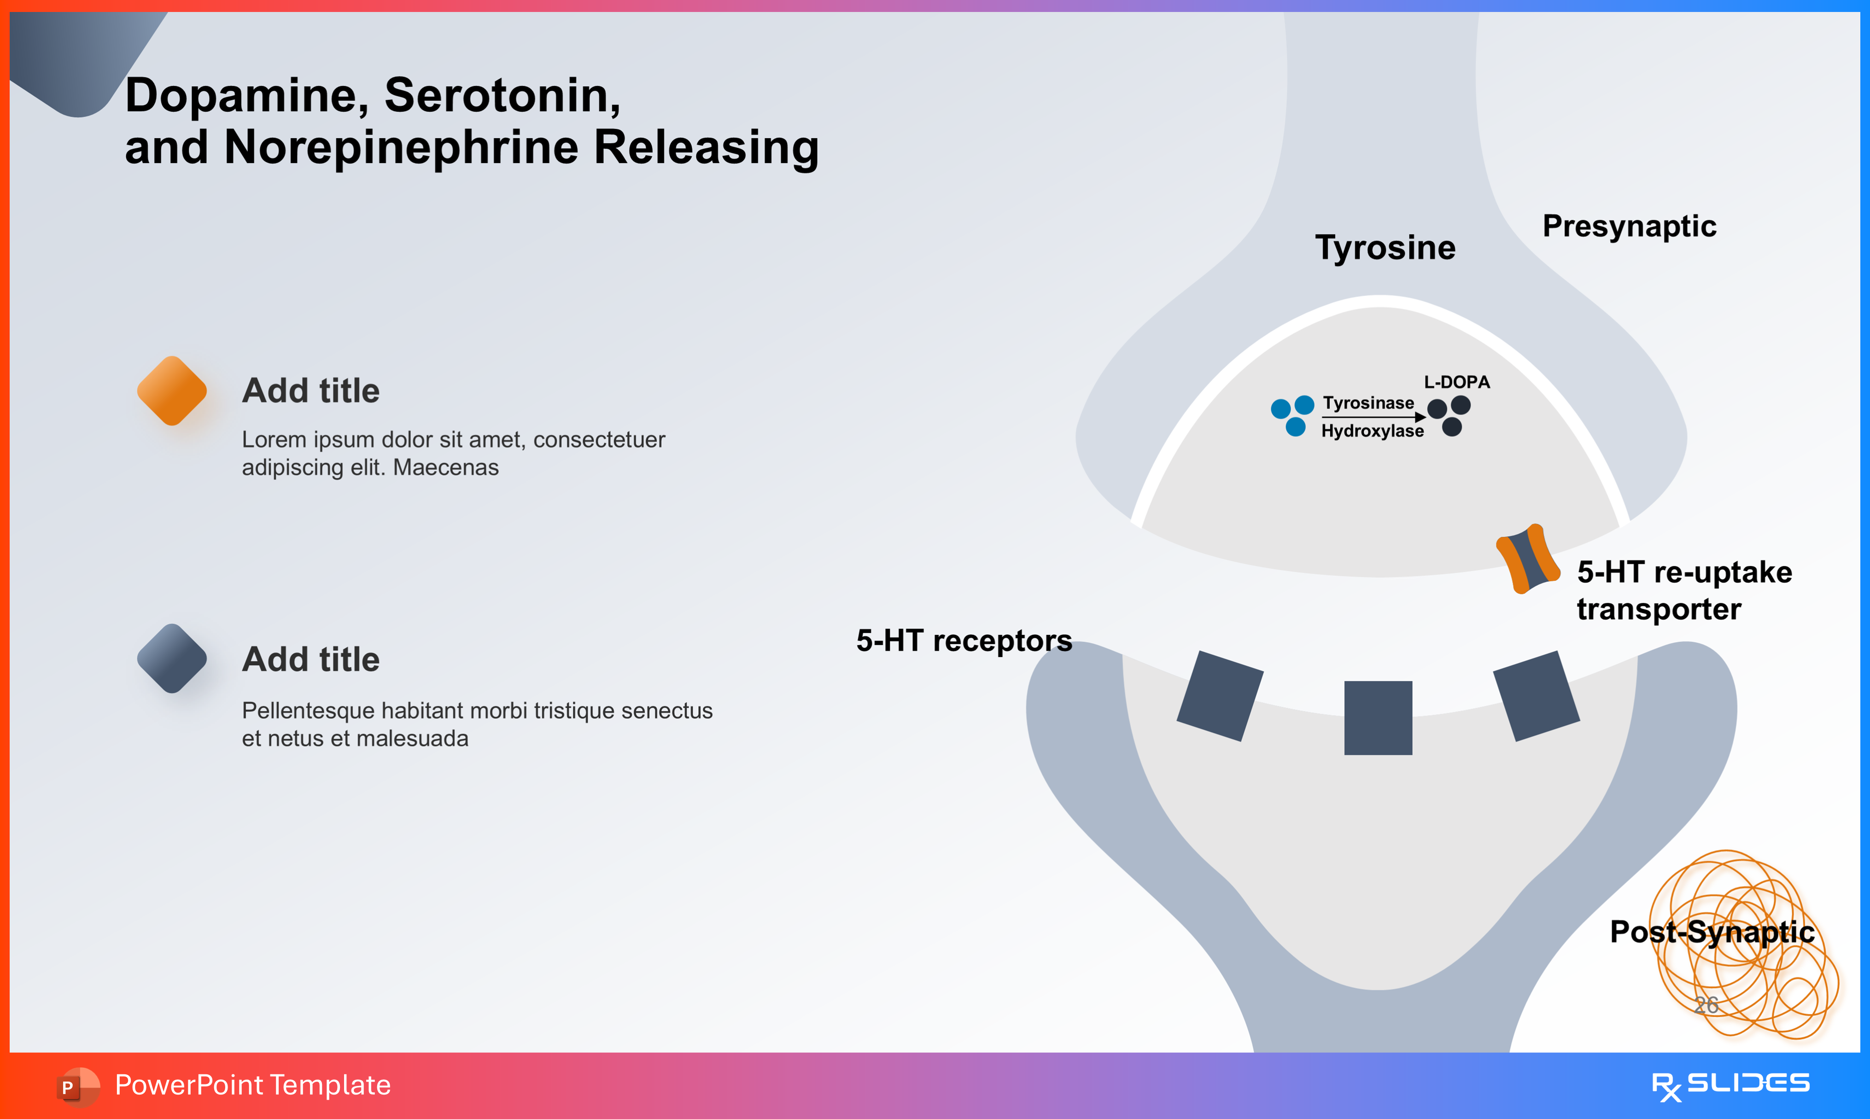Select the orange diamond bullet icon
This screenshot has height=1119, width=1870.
click(x=172, y=390)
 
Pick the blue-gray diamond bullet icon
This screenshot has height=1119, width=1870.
click(x=172, y=659)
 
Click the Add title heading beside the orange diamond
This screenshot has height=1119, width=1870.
click(x=310, y=390)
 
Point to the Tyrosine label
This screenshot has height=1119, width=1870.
click(x=1385, y=247)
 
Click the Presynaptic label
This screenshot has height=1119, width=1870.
click(x=1629, y=226)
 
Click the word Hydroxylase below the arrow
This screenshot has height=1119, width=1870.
click(x=1373, y=431)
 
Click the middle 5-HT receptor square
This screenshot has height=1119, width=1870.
click(x=1378, y=718)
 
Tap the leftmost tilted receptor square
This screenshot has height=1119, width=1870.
click(x=1219, y=695)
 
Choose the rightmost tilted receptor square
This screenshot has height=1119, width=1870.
click(x=1536, y=695)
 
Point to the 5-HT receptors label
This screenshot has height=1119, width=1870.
click(x=964, y=641)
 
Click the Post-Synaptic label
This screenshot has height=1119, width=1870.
click(x=1712, y=932)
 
